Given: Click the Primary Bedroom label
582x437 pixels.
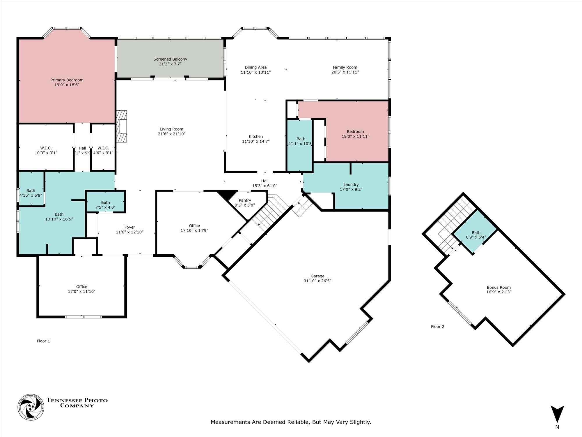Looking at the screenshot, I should [x=67, y=80].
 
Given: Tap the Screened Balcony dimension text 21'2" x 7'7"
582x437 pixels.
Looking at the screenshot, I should [x=170, y=64].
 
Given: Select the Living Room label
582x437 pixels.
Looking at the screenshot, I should [x=171, y=129].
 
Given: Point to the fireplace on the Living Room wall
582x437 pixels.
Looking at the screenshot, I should [x=122, y=126].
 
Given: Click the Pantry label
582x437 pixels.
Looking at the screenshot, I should [x=245, y=200].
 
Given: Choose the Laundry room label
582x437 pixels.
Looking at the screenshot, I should [x=351, y=184].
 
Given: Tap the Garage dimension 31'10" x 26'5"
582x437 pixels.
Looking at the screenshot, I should [x=317, y=281].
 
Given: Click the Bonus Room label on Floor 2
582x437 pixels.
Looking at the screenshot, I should [x=498, y=287].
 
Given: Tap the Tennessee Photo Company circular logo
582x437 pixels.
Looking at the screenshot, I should [x=31, y=407].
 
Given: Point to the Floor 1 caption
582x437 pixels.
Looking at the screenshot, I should [x=43, y=341].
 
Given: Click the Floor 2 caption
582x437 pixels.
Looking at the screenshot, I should [x=437, y=327].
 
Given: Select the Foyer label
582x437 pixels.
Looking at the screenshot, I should [x=129, y=227].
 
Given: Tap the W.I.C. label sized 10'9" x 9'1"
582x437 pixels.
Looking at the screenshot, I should [x=46, y=148].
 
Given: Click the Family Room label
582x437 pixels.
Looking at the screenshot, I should [x=345, y=67].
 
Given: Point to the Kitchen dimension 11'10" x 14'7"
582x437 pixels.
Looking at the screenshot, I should [x=255, y=141].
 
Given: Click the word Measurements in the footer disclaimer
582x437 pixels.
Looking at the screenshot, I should [x=230, y=422].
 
